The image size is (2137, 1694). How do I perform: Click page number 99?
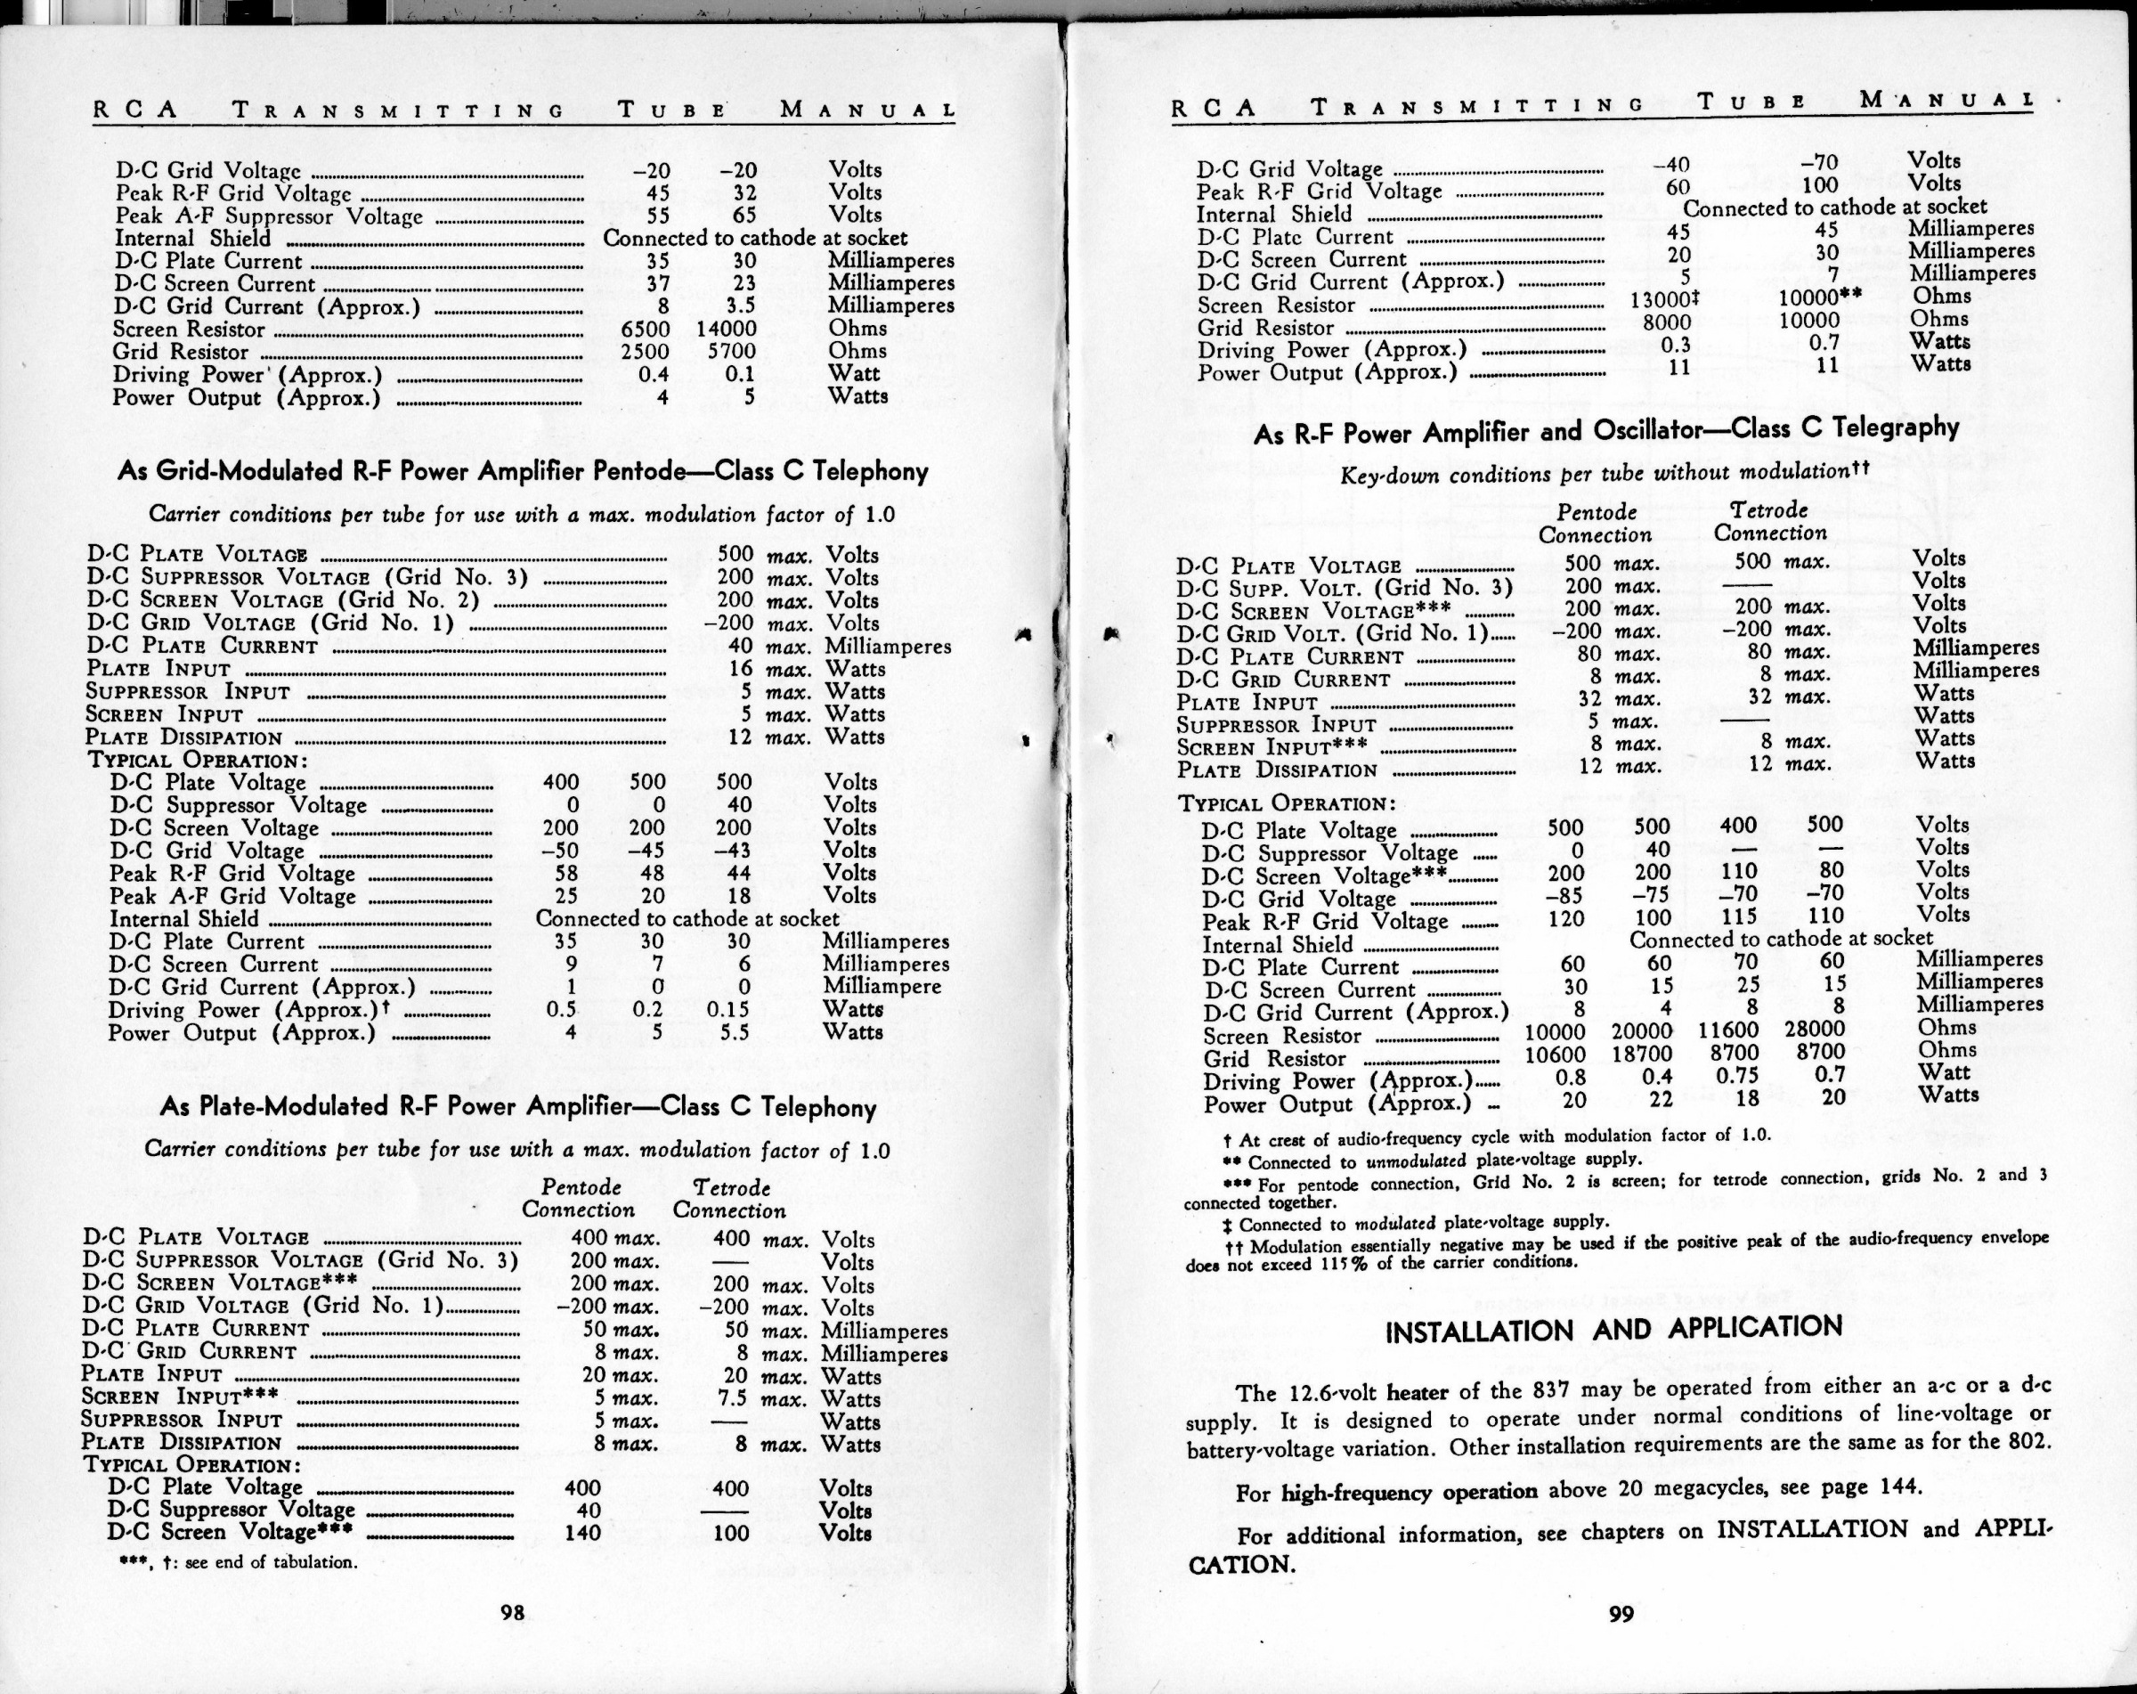point(1621,1615)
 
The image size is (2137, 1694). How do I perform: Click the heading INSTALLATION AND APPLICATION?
point(1613,1329)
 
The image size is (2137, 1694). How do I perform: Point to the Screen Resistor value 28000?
point(1814,1029)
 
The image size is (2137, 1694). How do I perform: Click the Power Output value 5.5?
point(734,1033)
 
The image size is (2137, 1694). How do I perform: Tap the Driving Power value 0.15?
point(727,1010)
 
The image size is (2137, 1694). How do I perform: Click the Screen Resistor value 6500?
point(646,329)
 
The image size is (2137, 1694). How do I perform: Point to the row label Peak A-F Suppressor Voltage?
point(269,216)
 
